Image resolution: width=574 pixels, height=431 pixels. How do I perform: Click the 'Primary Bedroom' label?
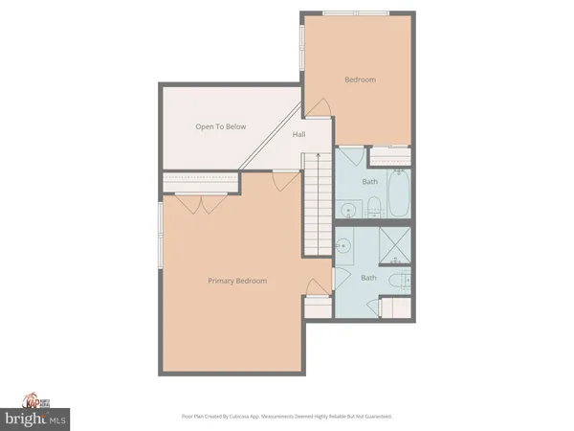(237, 281)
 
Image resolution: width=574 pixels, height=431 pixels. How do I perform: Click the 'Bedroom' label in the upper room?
(359, 80)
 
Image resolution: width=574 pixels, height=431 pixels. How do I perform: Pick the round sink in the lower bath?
(345, 241)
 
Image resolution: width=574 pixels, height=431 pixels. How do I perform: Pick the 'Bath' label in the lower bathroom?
(368, 278)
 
